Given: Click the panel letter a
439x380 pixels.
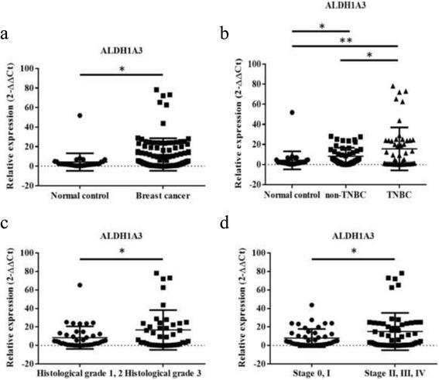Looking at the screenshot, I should (6, 35).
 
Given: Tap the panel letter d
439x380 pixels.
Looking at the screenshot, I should (225, 227).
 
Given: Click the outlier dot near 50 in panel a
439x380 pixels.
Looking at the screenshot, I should (80, 115).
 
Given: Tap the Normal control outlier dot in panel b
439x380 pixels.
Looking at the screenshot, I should (293, 112).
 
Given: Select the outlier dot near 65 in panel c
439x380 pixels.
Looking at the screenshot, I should (80, 285).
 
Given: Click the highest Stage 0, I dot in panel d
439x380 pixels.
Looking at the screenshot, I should (312, 305).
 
